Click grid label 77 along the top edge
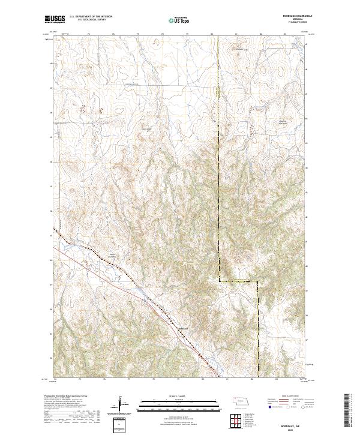click(x=139, y=34)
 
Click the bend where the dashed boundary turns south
click(x=258, y=281)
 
